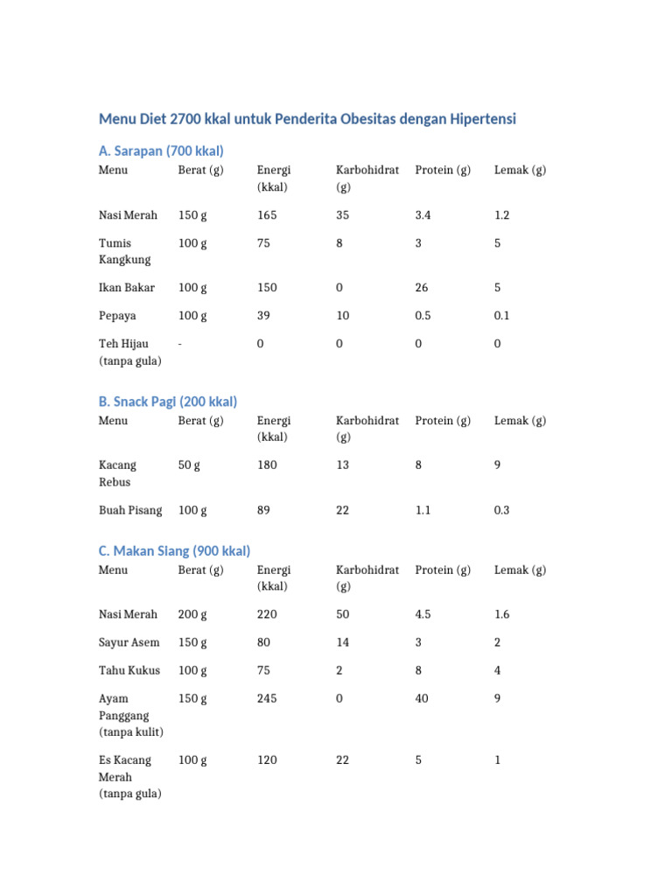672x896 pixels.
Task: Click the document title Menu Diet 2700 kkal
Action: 307,119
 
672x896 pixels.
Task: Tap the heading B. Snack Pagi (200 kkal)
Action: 168,402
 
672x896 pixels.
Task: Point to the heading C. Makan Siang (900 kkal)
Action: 174,551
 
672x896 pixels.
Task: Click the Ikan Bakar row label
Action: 127,288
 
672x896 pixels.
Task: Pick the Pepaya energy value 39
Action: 264,316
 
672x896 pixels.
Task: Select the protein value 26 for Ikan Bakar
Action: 423,288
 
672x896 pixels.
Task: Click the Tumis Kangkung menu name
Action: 125,251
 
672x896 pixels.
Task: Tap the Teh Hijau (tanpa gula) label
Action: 130,353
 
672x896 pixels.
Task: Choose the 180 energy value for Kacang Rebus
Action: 268,465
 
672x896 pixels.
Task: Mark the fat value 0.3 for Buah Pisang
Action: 502,511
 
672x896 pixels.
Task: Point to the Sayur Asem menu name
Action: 129,643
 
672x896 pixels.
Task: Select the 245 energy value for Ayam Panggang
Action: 268,699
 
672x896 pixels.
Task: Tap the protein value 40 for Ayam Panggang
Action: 423,699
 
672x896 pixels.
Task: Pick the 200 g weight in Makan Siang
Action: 192,615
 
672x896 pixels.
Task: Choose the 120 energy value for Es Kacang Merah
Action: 268,761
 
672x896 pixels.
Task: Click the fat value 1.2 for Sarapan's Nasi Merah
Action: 502,215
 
